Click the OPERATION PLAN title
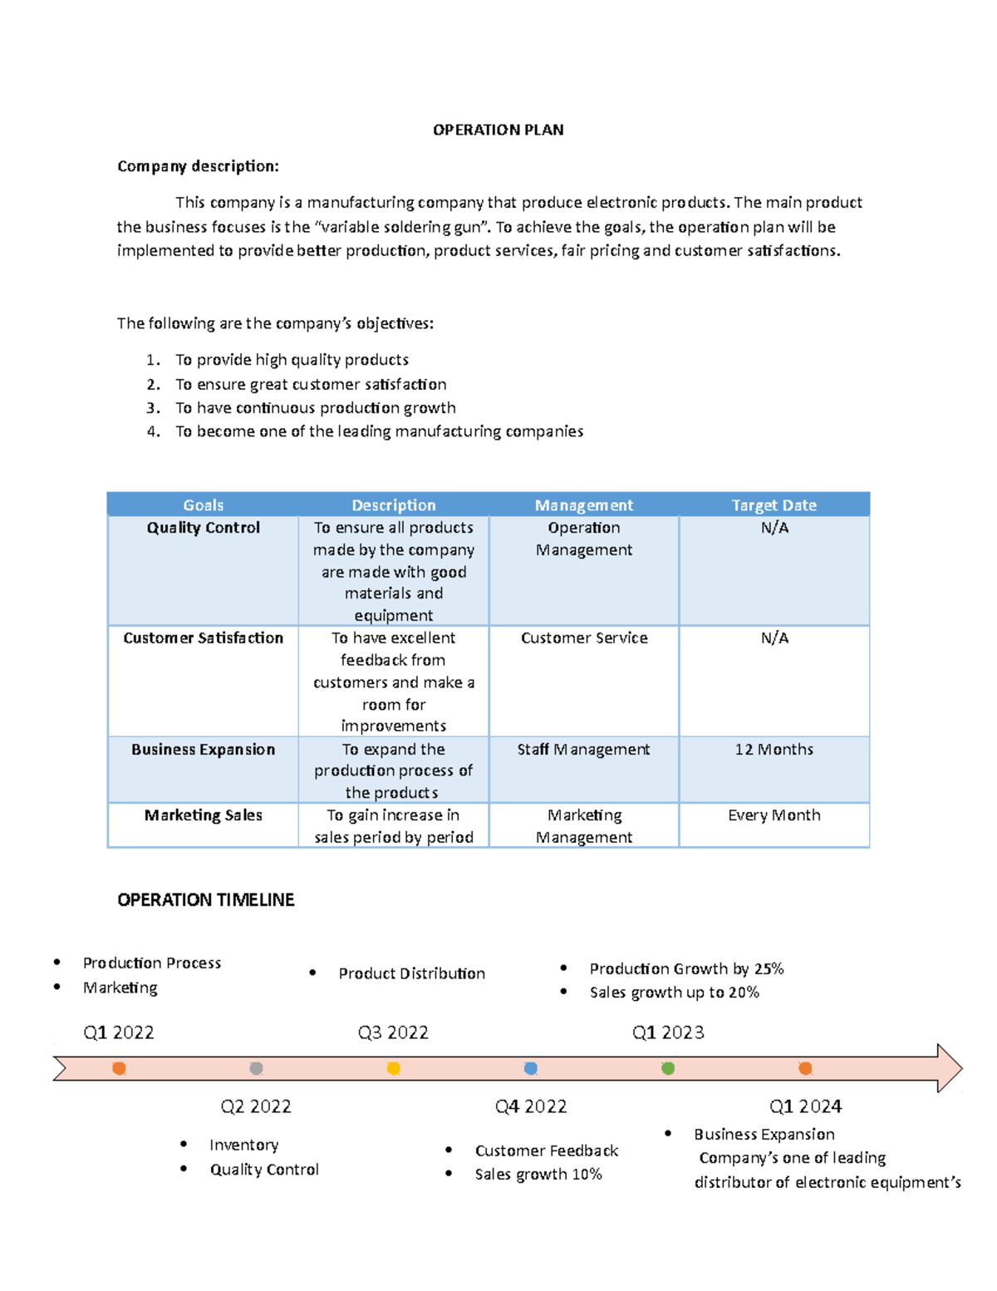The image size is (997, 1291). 498,130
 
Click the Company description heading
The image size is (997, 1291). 198,166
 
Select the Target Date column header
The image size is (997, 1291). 774,505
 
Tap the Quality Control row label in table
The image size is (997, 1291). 203,528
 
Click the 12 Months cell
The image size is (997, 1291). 774,749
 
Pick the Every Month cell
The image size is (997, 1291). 774,815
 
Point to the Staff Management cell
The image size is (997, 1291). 583,749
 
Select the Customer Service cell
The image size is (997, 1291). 584,638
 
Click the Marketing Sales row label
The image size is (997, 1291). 203,815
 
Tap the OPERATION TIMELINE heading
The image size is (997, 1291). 206,899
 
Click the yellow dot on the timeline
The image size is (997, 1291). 394,1068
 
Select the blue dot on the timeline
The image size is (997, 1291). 531,1068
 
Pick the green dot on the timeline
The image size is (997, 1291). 668,1068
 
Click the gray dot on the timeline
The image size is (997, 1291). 256,1068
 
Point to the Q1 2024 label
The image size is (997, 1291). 805,1106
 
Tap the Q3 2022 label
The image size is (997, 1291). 393,1032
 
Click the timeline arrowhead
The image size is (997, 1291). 949,1068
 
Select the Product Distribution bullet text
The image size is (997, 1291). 411,973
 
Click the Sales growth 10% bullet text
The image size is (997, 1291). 538,1175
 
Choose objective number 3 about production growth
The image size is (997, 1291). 315,408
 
